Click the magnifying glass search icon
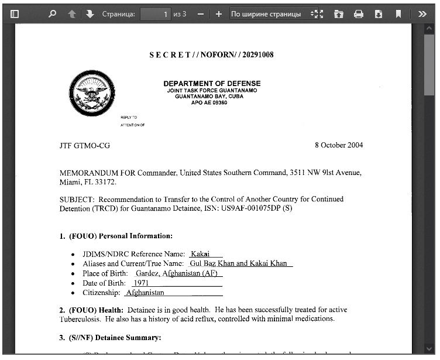[x=53, y=14]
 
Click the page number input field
[x=156, y=14]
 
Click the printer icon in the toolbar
[x=359, y=14]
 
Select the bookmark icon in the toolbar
[x=398, y=14]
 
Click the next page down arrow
[x=90, y=14]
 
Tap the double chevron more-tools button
[x=422, y=14]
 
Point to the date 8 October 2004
[x=338, y=145]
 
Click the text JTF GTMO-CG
[x=85, y=146]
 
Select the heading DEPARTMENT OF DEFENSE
[x=212, y=84]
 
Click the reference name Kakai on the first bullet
[x=200, y=254]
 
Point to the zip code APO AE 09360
[x=209, y=102]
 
